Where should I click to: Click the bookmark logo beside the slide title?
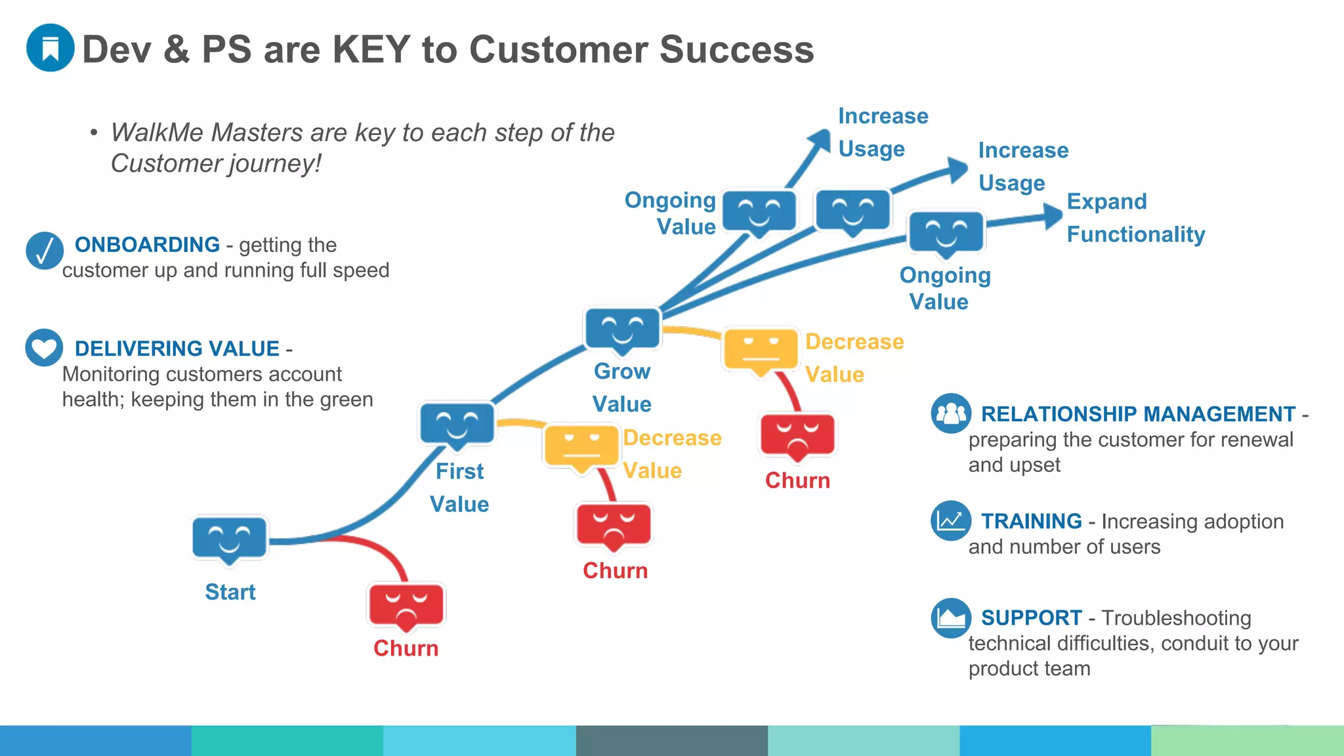pos(50,48)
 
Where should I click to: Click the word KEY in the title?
pos(371,49)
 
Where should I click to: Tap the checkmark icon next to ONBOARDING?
pos(45,251)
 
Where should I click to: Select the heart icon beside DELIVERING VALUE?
pos(44,348)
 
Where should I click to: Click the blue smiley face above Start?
pos(230,538)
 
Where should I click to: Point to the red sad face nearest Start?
pos(406,604)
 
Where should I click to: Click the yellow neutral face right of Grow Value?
pos(761,349)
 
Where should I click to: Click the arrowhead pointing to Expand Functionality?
pos(1053,215)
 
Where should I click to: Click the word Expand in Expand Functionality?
pos(1106,201)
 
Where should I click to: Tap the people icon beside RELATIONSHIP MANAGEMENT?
pos(951,413)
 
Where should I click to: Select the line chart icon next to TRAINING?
pos(951,521)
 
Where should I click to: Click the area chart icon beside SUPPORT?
pos(951,618)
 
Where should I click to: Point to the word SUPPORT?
pos(1031,618)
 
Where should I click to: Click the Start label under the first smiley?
pos(230,592)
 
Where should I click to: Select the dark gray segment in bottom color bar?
pos(671,741)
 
